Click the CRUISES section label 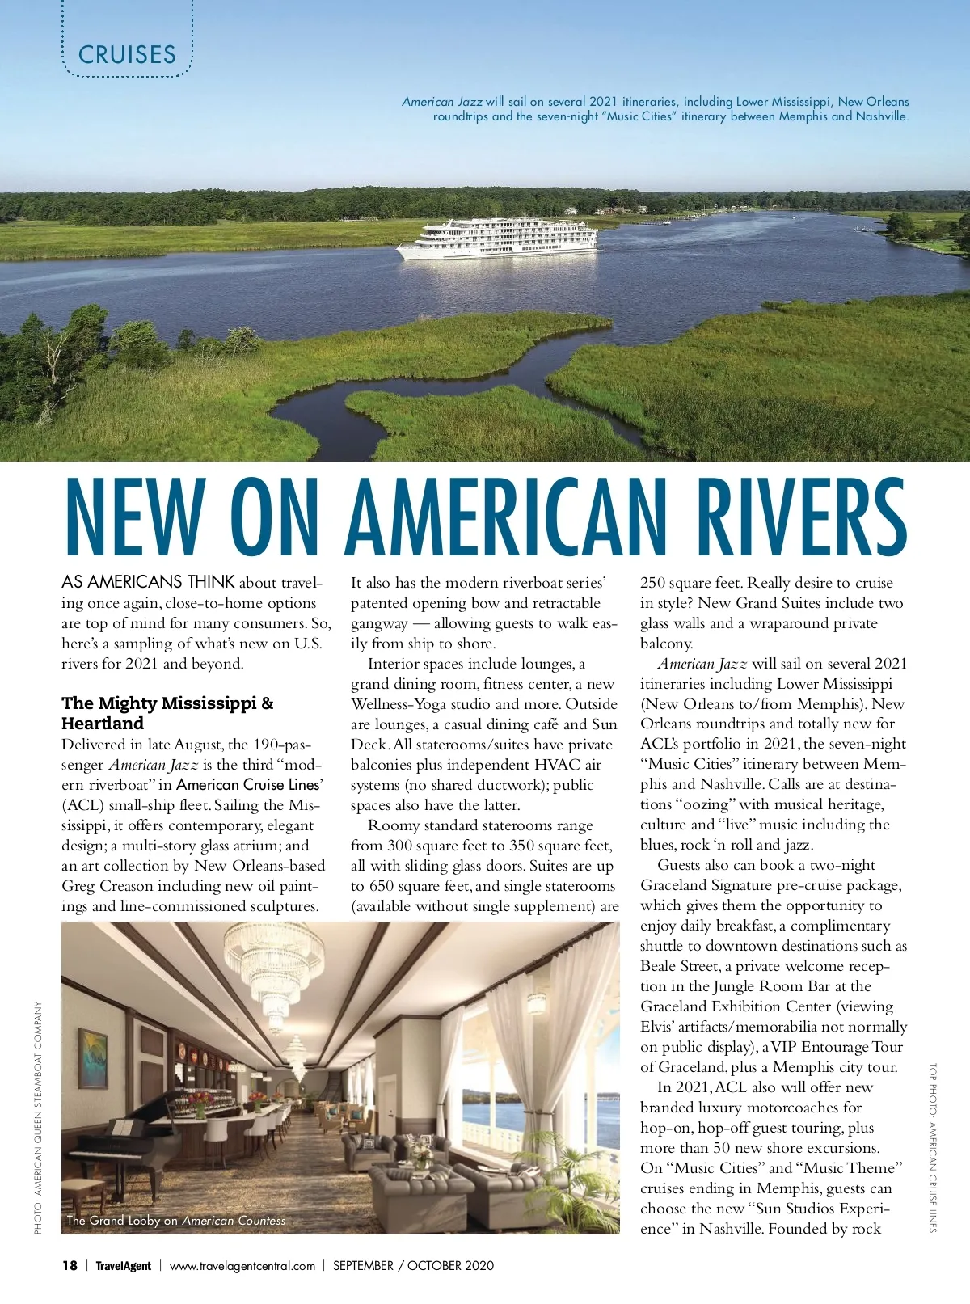tap(127, 54)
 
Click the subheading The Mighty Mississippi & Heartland tap(167, 713)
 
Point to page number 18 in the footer tap(70, 1265)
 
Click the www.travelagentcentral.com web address tap(242, 1265)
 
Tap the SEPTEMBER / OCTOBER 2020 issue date tap(413, 1265)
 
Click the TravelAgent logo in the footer tap(123, 1265)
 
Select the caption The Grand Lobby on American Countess tap(176, 1221)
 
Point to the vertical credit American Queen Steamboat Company tap(38, 1117)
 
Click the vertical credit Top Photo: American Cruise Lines tap(932, 1147)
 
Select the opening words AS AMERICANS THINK tap(148, 582)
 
